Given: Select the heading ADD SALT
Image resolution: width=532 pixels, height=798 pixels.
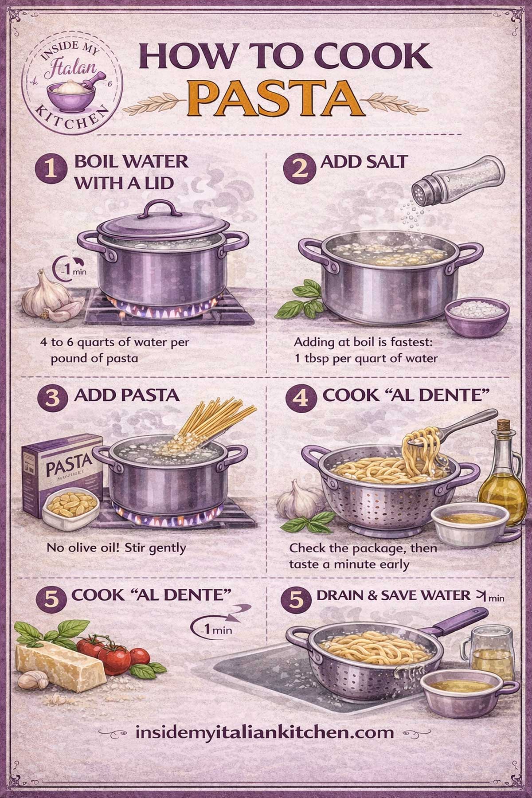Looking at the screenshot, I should (364, 162).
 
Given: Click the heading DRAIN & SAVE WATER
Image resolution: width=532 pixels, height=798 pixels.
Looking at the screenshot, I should (392, 595).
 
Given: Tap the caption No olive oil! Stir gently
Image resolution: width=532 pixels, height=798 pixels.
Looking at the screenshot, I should (115, 548).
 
